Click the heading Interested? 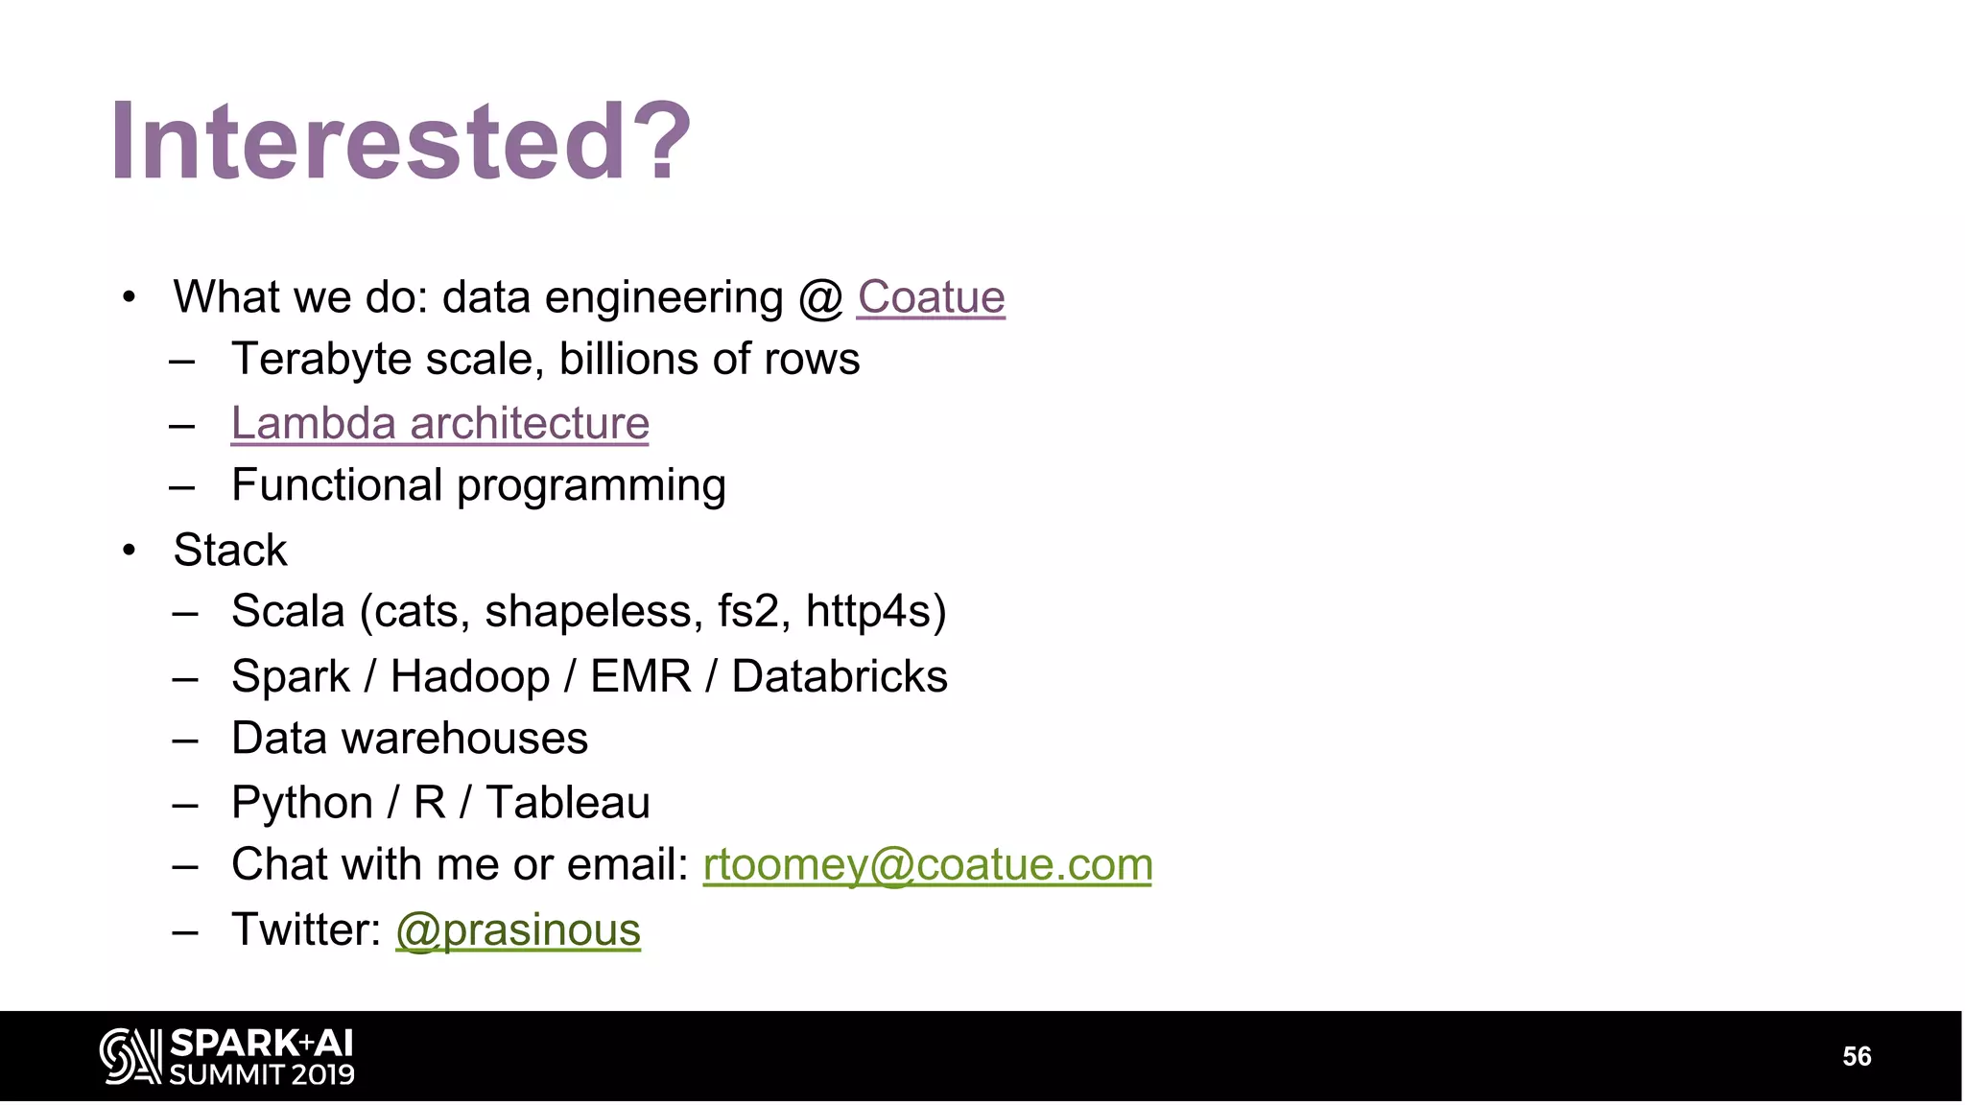(401, 142)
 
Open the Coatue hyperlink (931, 297)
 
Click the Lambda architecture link (439, 424)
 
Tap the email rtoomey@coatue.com (927, 865)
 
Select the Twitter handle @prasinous (518, 930)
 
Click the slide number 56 (1857, 1056)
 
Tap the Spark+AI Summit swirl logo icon (130, 1056)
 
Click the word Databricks (840, 676)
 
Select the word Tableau (568, 803)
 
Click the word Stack (229, 551)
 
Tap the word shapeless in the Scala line (587, 612)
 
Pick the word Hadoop (470, 676)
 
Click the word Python (302, 803)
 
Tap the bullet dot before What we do (130, 297)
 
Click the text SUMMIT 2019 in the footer (262, 1074)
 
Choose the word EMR (640, 676)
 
